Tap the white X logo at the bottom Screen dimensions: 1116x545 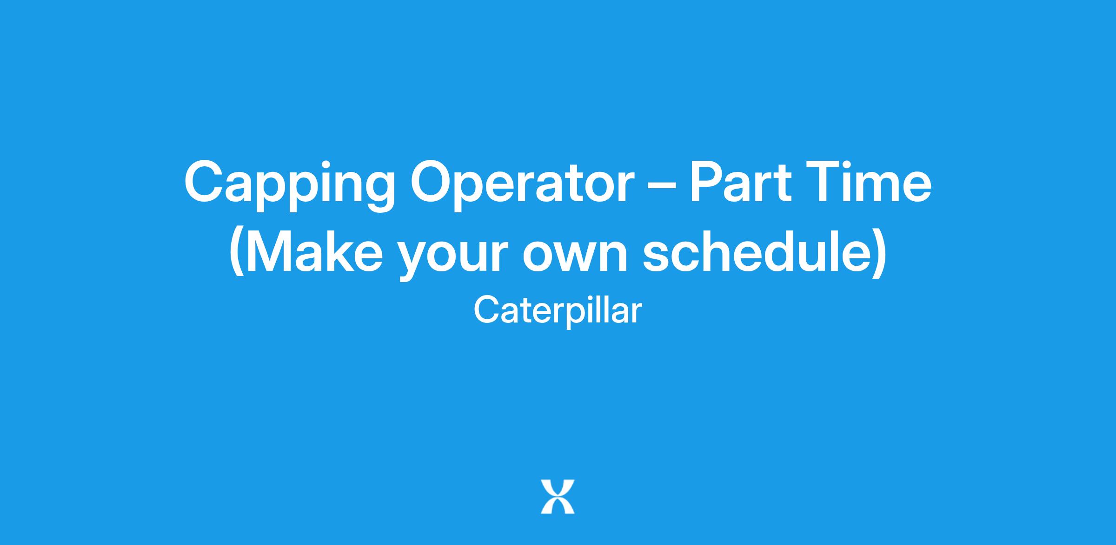click(x=558, y=497)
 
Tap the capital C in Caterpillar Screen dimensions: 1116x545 click(x=487, y=309)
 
